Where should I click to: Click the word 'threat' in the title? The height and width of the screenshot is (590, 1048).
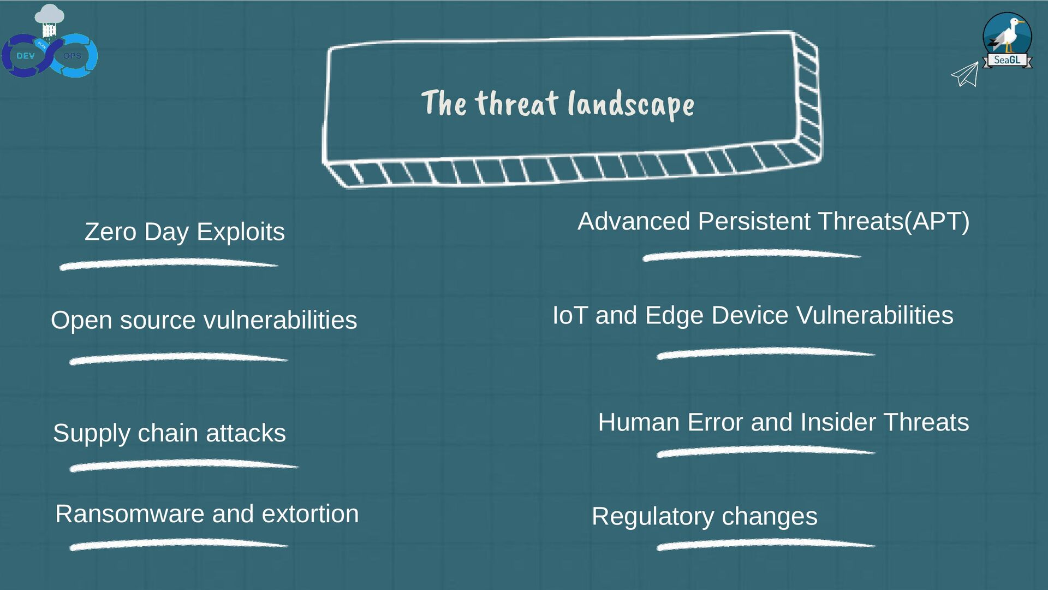pos(516,103)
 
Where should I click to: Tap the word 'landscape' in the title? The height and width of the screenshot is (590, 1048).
pos(631,104)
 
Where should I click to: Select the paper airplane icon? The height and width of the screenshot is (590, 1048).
pos(965,74)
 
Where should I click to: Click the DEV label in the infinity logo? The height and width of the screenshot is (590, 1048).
pos(25,56)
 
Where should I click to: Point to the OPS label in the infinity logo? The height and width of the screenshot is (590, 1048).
pos(72,56)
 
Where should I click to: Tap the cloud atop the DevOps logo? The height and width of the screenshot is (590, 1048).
pos(49,14)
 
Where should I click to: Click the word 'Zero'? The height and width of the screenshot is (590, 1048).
pos(110,232)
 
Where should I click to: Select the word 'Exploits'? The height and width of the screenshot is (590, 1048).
pos(240,232)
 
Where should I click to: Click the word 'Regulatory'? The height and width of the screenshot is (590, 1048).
pos(653,516)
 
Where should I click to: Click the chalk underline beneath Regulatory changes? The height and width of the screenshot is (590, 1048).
pos(765,544)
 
